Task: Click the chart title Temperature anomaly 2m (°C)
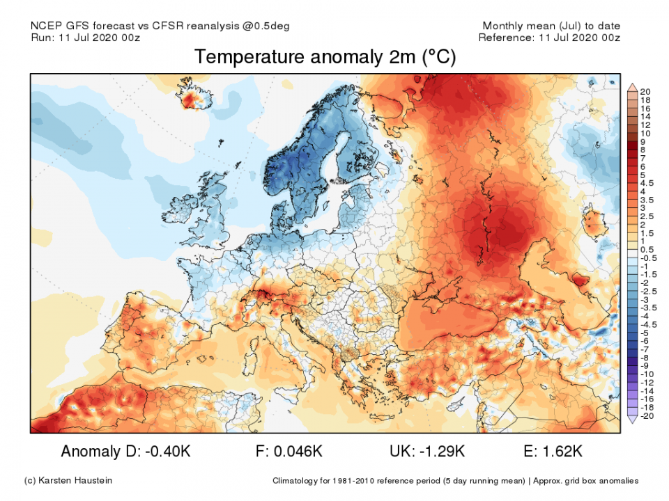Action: click(325, 57)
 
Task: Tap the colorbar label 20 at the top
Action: click(645, 92)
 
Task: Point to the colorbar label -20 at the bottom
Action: click(645, 416)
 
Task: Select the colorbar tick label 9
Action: click(645, 141)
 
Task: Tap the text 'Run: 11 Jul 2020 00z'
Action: click(85, 38)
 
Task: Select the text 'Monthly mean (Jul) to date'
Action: click(551, 26)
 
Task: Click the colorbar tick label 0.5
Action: click(646, 249)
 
